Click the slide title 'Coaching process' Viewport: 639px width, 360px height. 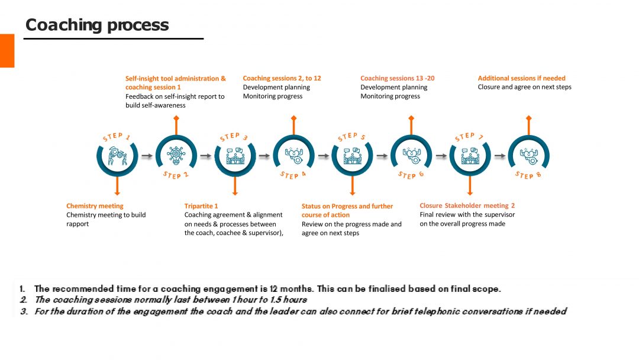(97, 25)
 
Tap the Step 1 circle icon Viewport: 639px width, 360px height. (117, 156)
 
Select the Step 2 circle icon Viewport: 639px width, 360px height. (176, 155)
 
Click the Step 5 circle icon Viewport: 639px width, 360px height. (353, 156)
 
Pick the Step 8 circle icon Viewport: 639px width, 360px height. (528, 155)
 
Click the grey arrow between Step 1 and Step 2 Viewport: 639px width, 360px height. (147, 156)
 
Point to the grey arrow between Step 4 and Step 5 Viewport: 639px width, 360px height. (324, 156)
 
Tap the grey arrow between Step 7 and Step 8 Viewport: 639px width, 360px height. (499, 156)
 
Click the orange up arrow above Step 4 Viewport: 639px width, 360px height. (294, 125)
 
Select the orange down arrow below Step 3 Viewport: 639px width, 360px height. (235, 186)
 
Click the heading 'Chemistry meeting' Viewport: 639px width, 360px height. (95, 206)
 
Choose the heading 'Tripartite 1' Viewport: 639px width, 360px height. (201, 206)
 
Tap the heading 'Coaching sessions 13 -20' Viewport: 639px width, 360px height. (398, 78)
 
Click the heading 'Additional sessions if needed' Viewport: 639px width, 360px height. (522, 78)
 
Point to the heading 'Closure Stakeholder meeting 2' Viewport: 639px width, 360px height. (467, 205)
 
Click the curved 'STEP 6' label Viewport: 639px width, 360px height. (411, 175)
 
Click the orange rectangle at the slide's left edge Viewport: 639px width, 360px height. (7, 50)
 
